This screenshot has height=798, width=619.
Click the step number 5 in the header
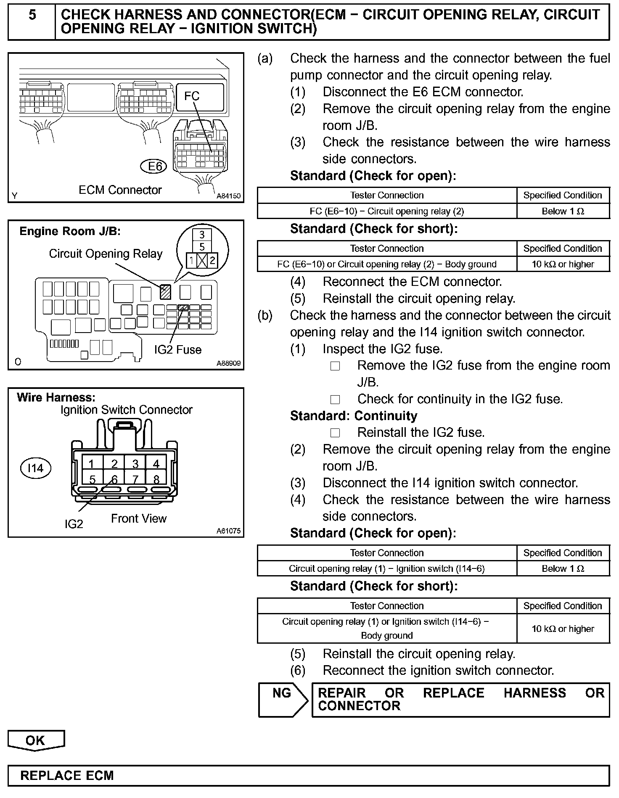tap(32, 16)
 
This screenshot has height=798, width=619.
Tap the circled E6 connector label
tap(154, 166)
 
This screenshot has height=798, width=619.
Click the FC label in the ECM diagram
tap(192, 96)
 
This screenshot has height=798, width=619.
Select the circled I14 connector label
tap(35, 468)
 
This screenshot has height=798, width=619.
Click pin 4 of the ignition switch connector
tap(156, 464)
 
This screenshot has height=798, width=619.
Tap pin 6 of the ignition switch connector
tap(114, 479)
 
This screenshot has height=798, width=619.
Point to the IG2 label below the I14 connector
tap(74, 524)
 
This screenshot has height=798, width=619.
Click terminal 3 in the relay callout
tap(202, 235)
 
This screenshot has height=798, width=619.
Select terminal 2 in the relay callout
tap(212, 261)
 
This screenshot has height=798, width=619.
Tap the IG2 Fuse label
tap(177, 350)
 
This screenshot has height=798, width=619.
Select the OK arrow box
tap(36, 741)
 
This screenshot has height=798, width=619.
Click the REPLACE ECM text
tap(67, 776)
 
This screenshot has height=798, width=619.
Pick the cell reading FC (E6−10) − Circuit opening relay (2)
tap(386, 211)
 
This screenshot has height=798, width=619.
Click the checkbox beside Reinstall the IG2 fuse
tap(335, 433)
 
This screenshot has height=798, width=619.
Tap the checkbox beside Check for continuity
tap(335, 399)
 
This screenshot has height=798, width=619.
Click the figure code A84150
tap(228, 196)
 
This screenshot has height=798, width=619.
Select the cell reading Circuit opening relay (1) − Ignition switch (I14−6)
tap(386, 569)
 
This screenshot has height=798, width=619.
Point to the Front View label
tap(139, 519)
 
